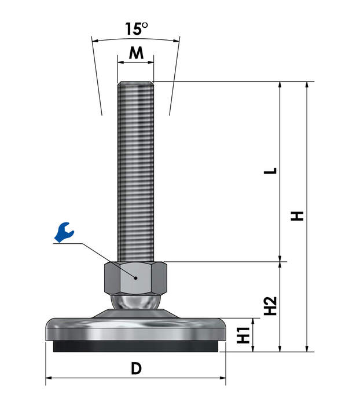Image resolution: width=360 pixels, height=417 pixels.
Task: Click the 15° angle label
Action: pos(136,29)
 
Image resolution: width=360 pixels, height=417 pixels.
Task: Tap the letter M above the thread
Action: pos(136,53)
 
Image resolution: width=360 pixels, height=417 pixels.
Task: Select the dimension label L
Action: pos(270,171)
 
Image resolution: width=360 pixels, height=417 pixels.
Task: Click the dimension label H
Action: pos(297,216)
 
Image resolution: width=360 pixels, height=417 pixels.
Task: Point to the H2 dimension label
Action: pos(270,306)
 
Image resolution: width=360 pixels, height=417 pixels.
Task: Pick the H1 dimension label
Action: pos(243,335)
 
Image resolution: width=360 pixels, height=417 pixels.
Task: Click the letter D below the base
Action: pos(136,368)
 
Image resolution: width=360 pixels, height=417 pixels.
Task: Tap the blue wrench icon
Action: pos(64,232)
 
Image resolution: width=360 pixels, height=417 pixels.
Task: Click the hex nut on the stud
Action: pos(135,278)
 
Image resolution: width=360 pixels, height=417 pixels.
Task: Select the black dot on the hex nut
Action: pos(136,278)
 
